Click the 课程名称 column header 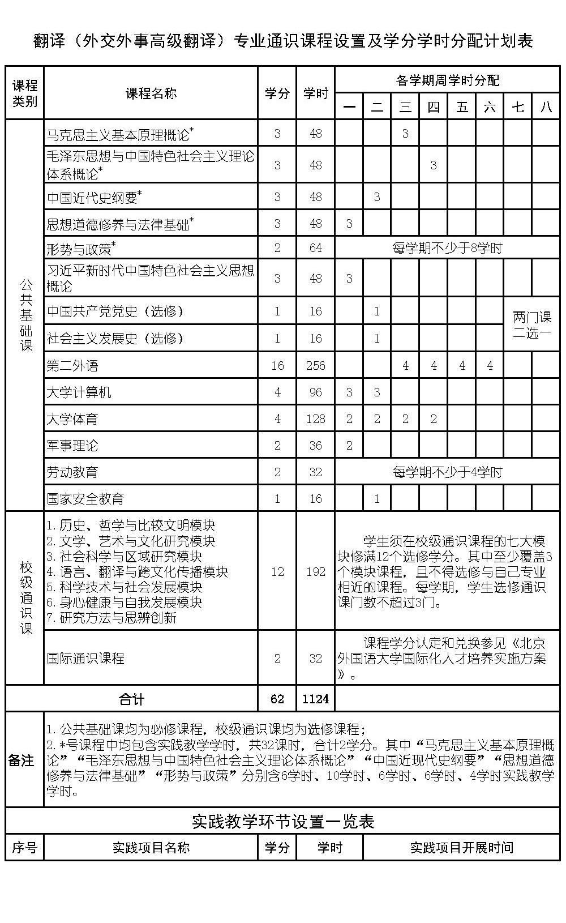click(151, 93)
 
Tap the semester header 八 click(546, 106)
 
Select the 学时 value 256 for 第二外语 click(315, 366)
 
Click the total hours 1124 click(315, 699)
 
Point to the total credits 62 click(277, 699)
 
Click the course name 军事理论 click(72, 446)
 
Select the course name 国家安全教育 click(85, 499)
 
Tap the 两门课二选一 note click(531, 325)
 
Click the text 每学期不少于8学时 click(447, 248)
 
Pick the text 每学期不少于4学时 click(447, 472)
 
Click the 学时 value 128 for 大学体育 click(315, 419)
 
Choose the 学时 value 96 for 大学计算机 click(315, 392)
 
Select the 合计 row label click(131, 699)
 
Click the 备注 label click(22, 760)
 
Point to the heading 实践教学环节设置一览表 click(283, 821)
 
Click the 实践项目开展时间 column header click(461, 848)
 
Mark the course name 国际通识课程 click(85, 658)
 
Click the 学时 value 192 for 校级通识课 click(315, 571)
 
